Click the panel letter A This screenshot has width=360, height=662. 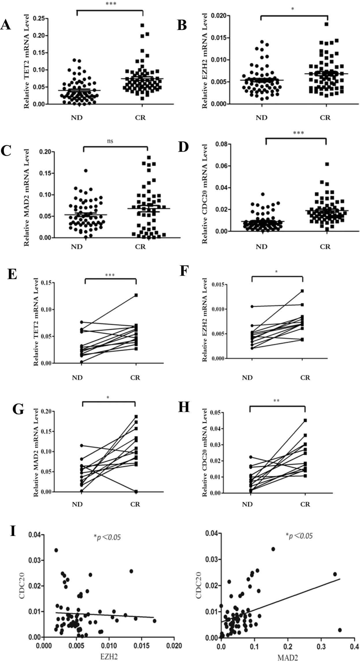pyautogui.click(x=5, y=25)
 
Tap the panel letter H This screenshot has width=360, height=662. pyautogui.click(x=184, y=407)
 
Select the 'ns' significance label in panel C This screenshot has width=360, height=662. pyautogui.click(x=110, y=141)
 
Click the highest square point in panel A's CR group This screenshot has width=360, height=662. pyautogui.click(x=142, y=25)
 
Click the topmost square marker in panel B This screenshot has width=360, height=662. pyautogui.click(x=326, y=24)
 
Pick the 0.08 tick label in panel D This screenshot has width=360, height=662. pyautogui.click(x=221, y=144)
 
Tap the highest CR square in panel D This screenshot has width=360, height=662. pyautogui.click(x=327, y=164)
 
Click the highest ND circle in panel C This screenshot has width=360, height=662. pyautogui.click(x=86, y=171)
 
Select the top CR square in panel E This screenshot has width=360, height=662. pyautogui.click(x=136, y=295)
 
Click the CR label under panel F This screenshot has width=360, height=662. pyautogui.click(x=305, y=378)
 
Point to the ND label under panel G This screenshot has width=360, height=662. pyautogui.click(x=77, y=504)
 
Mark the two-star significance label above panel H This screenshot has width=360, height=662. pyautogui.click(x=277, y=401)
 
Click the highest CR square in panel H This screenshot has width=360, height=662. pyautogui.click(x=305, y=420)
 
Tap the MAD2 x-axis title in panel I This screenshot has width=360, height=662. pyautogui.click(x=287, y=658)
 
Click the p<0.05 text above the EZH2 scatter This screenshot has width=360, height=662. pyautogui.click(x=107, y=537)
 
